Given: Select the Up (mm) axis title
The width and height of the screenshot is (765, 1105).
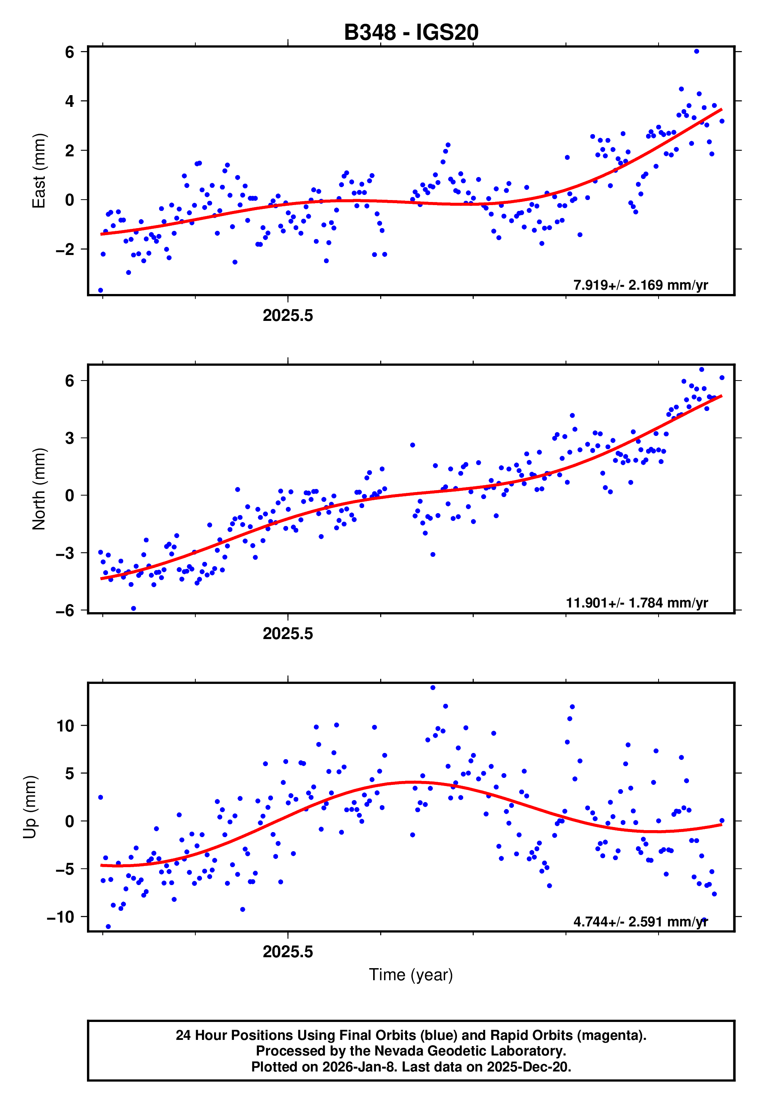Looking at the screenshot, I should tap(30, 807).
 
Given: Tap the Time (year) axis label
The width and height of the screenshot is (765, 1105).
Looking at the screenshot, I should tap(411, 975).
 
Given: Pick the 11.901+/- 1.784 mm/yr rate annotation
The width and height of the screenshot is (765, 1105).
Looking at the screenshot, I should tap(637, 603).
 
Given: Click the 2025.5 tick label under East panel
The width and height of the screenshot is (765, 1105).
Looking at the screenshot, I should tap(288, 316).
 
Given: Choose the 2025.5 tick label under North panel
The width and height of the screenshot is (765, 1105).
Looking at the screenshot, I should tap(288, 634).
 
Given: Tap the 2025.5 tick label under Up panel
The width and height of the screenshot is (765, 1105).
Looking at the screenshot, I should tap(288, 952).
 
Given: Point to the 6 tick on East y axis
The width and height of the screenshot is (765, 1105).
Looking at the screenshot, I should tap(69, 52).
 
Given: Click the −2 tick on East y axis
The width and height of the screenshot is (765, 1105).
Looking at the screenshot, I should tap(65, 250).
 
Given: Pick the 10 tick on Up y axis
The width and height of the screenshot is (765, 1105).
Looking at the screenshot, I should tap(65, 726).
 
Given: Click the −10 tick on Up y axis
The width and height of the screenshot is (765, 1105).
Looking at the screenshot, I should tap(60, 917).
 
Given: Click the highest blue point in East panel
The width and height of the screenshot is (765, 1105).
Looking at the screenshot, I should tap(696, 51).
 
